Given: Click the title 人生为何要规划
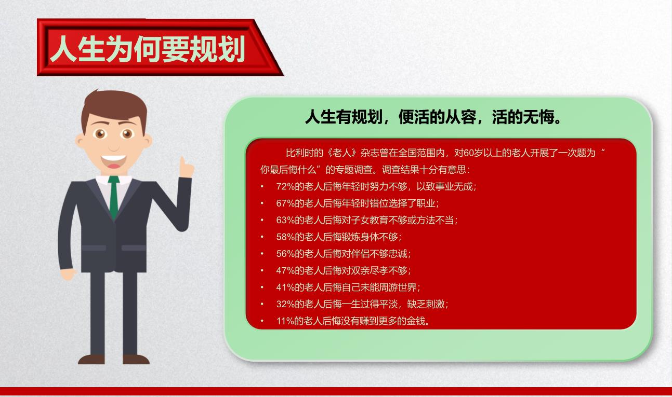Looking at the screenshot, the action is click(148, 49).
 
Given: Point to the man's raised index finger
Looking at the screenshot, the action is click(182, 163).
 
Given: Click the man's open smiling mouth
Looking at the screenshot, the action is click(113, 161).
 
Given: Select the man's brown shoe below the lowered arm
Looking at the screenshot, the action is click(91, 359).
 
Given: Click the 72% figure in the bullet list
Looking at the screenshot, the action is click(285, 187).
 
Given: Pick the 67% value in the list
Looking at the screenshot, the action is click(285, 203).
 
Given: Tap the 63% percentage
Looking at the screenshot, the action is click(285, 220).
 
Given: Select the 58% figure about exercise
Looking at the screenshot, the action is click(285, 237).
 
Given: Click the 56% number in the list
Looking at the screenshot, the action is click(285, 254).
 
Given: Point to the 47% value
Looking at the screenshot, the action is click(285, 270).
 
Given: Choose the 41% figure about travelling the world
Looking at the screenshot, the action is click(285, 288).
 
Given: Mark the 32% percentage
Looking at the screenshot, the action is click(285, 304).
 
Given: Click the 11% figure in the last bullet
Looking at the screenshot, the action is click(285, 321).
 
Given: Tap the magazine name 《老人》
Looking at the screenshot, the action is click(342, 153).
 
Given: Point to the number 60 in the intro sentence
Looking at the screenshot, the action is click(469, 153).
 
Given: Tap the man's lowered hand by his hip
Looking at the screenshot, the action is click(68, 274).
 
